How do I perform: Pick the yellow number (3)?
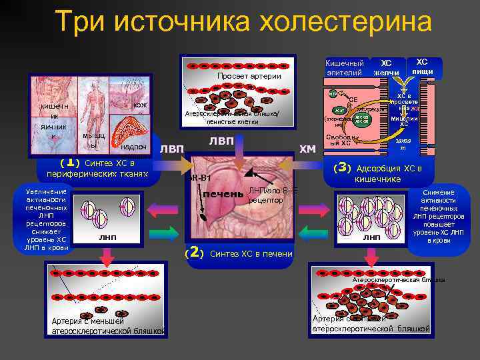pyautogui.click(x=342, y=167)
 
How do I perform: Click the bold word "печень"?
pyautogui.click(x=223, y=193)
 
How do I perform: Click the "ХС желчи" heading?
pyautogui.click(x=386, y=67)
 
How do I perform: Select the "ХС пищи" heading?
pyautogui.click(x=422, y=66)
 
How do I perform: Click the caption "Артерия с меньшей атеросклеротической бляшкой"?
pyautogui.click(x=107, y=325)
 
